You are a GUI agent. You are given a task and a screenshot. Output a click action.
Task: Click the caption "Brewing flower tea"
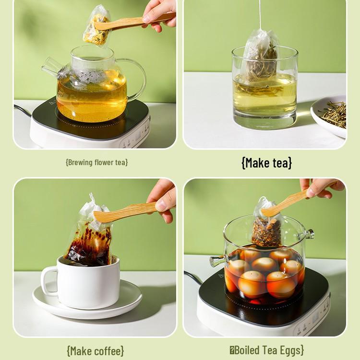(x=96, y=162)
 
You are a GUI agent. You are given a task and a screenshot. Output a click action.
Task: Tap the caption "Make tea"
(x=266, y=163)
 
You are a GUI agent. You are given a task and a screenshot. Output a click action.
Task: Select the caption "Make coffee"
(x=95, y=350)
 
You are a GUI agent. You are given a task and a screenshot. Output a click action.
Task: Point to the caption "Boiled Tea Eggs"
(x=266, y=350)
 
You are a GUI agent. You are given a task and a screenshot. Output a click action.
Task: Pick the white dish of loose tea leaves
(x=331, y=115)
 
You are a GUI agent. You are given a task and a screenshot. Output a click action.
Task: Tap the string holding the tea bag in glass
(x=260, y=14)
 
